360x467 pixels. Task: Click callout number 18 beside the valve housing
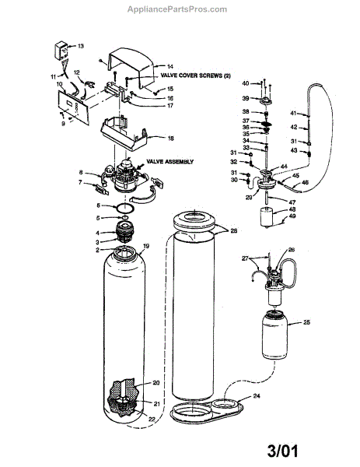pyautogui.click(x=170, y=138)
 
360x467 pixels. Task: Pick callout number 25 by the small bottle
pyautogui.click(x=306, y=321)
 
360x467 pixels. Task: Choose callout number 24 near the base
pyautogui.click(x=256, y=395)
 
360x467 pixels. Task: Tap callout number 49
pyautogui.click(x=294, y=217)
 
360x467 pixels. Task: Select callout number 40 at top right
pyautogui.click(x=246, y=83)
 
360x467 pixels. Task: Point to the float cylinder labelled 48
pyautogui.click(x=273, y=216)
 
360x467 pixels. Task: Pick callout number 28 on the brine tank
pyautogui.click(x=232, y=231)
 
